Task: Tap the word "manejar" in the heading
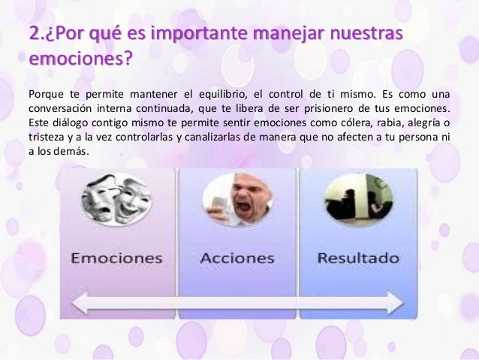295,35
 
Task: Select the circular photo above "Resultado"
349,198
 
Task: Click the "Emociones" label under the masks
116,258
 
